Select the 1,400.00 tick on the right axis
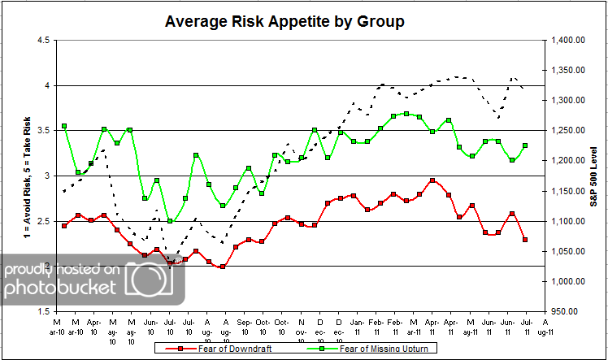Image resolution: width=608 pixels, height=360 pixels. [567, 41]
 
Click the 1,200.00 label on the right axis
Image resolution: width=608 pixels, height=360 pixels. [567, 161]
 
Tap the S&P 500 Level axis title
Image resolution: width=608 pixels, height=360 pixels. [594, 176]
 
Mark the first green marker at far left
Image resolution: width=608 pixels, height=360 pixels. [64, 127]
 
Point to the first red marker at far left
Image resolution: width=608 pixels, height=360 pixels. [64, 226]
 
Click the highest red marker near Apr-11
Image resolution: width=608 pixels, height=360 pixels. [432, 180]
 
